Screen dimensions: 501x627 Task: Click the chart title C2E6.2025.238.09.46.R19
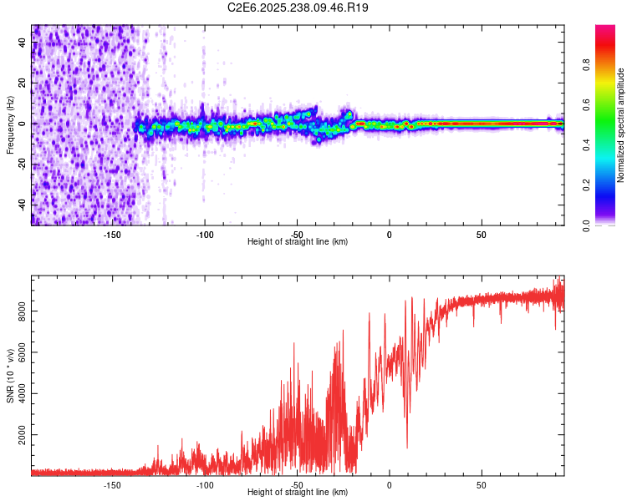[298, 8]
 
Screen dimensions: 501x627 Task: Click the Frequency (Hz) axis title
[10, 124]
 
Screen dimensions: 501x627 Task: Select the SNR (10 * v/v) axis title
[10, 375]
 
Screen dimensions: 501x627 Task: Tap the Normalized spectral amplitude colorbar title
[621, 125]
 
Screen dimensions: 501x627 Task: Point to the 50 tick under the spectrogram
[482, 234]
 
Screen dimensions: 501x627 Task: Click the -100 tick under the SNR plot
[205, 484]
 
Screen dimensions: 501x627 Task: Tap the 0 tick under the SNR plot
[389, 484]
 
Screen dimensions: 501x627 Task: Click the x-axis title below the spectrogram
[298, 242]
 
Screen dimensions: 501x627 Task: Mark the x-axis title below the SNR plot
[298, 493]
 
